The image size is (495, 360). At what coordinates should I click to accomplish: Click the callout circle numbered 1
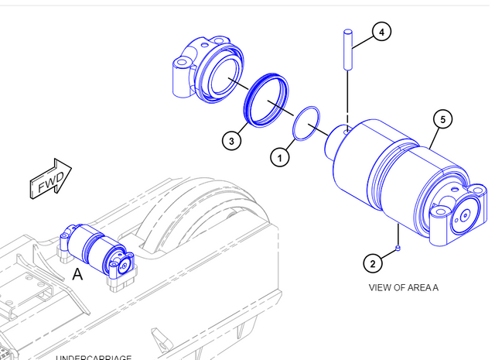[x=280, y=157]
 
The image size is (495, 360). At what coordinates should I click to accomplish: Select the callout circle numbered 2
[x=372, y=264]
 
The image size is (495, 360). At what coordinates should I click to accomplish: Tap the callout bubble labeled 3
[x=231, y=141]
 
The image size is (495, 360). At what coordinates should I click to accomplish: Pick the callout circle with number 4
[x=381, y=32]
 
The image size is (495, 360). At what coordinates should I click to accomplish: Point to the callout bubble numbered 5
[x=442, y=119]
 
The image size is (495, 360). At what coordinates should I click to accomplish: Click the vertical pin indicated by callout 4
[x=349, y=49]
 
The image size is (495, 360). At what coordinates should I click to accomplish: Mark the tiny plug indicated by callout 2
[x=397, y=248]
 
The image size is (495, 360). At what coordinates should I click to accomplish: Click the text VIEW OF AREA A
[x=403, y=287]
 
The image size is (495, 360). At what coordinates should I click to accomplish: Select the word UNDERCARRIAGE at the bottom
[x=93, y=357]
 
